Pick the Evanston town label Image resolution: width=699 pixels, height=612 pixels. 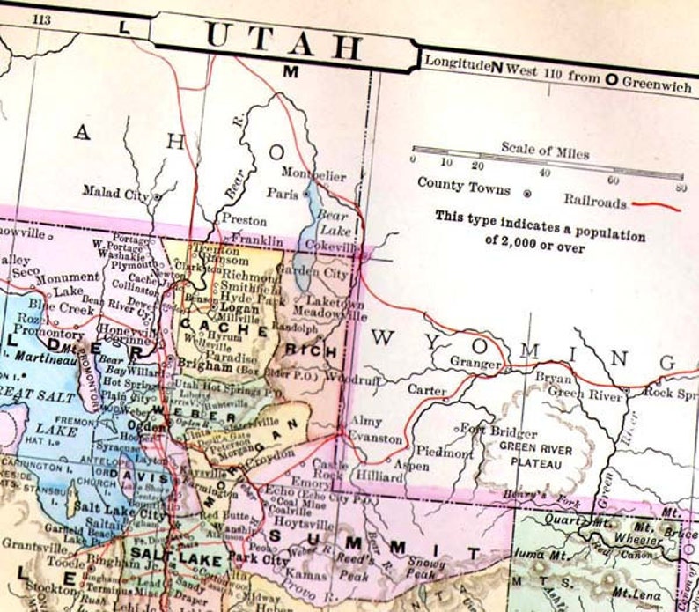click(375, 439)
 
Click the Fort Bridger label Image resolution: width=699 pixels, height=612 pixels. click(502, 432)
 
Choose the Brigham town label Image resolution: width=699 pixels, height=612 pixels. click(204, 363)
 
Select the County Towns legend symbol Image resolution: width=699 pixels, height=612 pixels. click(526, 191)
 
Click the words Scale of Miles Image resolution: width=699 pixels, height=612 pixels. click(545, 147)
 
